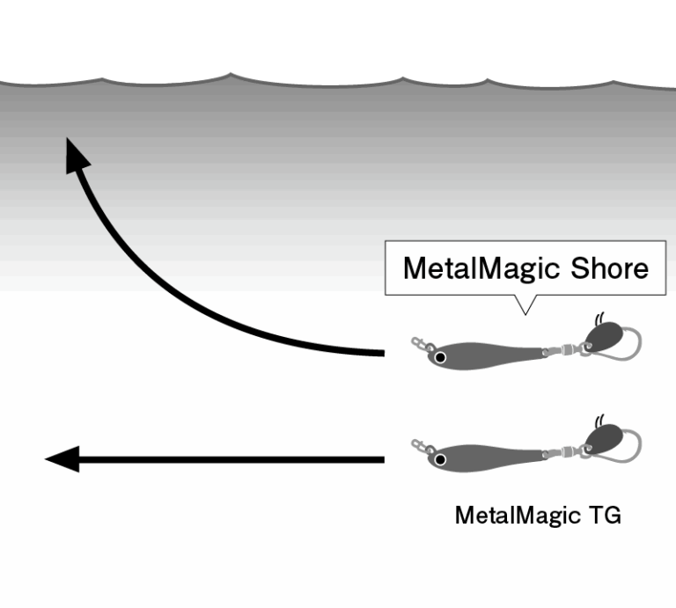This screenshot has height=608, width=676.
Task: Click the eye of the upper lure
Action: pyautogui.click(x=441, y=357)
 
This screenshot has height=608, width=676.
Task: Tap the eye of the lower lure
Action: pyautogui.click(x=441, y=458)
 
